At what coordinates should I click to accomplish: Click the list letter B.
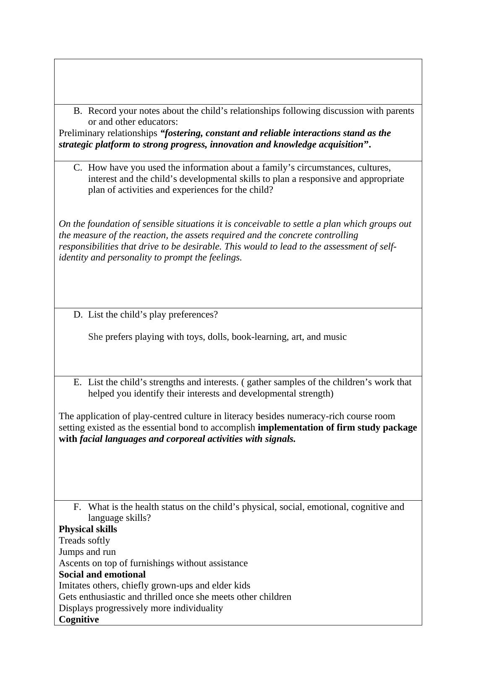[78, 111]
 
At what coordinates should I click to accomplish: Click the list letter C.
[78, 168]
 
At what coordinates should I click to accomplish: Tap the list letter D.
[78, 315]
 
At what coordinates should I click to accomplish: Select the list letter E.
[77, 382]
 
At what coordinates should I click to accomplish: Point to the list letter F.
[77, 507]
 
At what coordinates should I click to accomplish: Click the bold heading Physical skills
[88, 529]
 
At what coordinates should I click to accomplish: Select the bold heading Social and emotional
[102, 575]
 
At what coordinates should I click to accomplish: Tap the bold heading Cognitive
[79, 620]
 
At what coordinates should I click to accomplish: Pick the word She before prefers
[95, 337]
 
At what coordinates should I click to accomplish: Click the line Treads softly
[84, 541]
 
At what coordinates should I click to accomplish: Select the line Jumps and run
[87, 552]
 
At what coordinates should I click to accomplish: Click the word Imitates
[75, 586]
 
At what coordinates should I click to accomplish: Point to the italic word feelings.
[225, 257]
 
